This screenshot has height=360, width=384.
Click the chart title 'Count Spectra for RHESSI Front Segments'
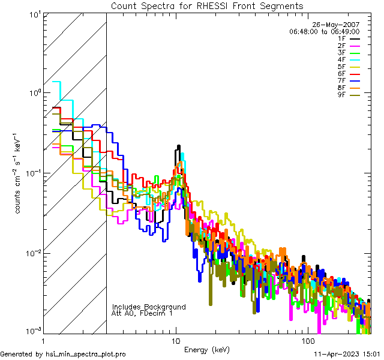pyautogui.click(x=207, y=5)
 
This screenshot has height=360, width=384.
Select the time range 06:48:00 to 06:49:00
pyautogui.click(x=324, y=31)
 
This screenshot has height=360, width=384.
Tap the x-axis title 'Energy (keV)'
pyautogui.click(x=206, y=350)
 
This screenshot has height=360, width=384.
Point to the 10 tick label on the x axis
pyautogui.click(x=176, y=340)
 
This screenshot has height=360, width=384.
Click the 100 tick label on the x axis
pyautogui.click(x=307, y=340)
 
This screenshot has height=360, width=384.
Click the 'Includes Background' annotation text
pyautogui.click(x=149, y=307)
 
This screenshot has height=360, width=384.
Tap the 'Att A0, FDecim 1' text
pyautogui.click(x=142, y=313)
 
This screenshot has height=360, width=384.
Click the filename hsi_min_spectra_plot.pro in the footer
pyautogui.click(x=86, y=355)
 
